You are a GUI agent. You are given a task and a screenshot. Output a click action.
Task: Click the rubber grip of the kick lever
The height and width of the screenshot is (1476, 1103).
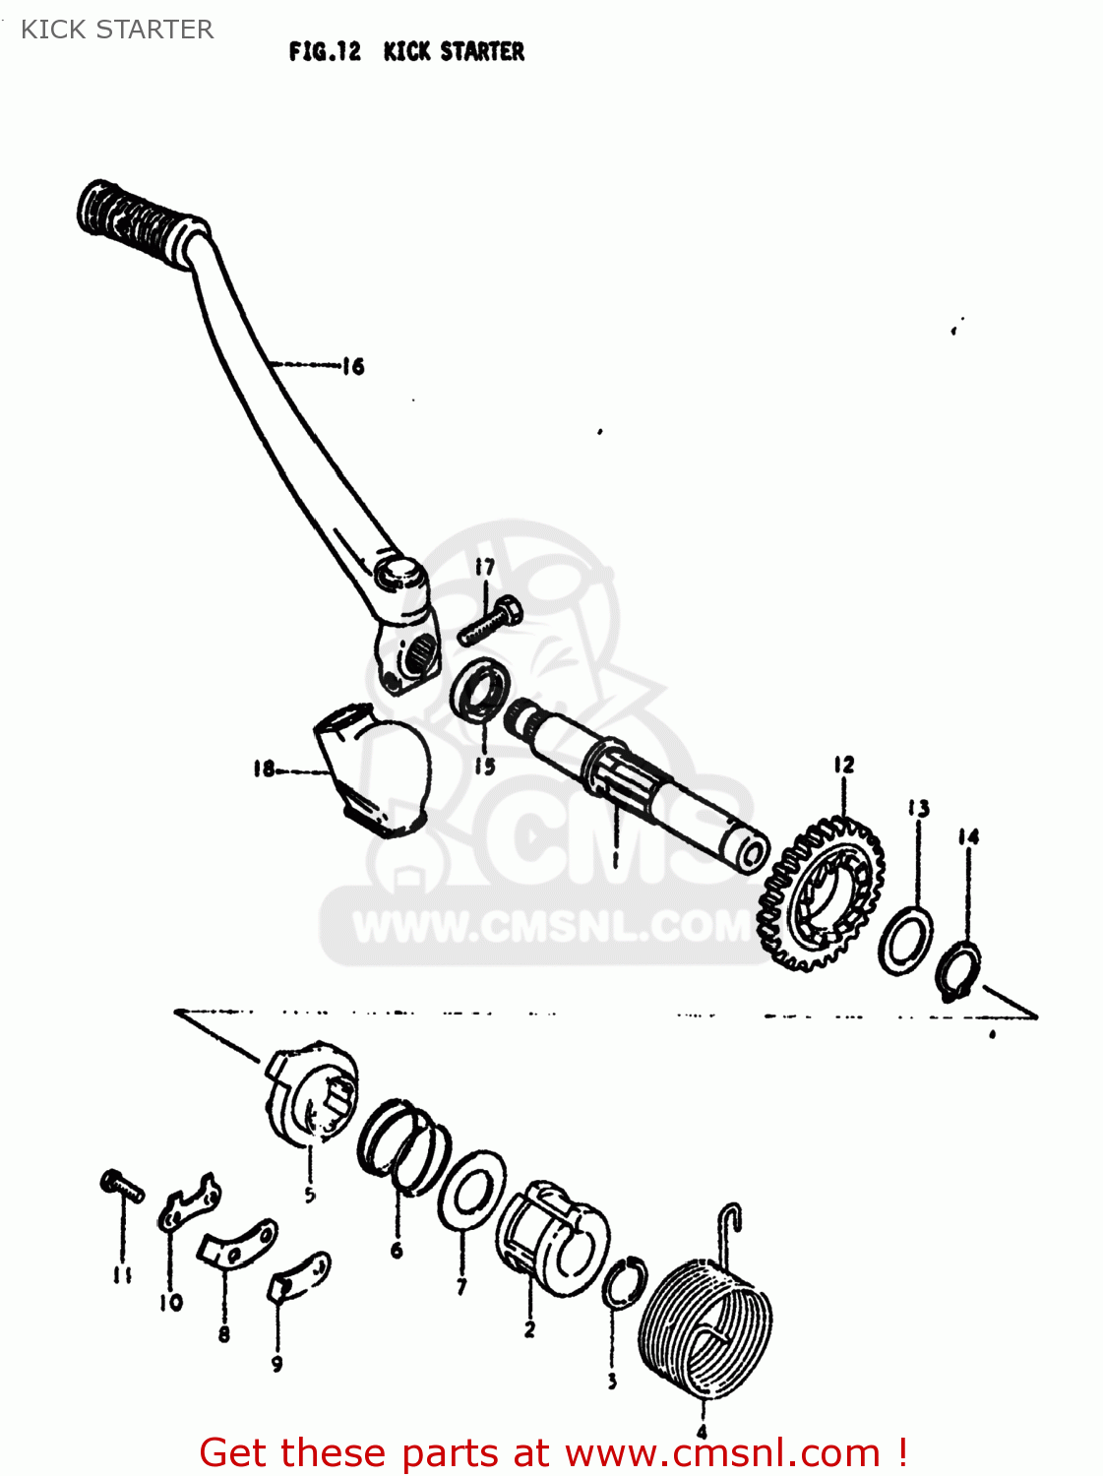tap(133, 222)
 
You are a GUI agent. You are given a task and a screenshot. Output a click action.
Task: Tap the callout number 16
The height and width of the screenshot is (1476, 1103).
tap(353, 367)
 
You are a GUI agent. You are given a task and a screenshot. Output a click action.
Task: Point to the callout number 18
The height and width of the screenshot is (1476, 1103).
tap(264, 769)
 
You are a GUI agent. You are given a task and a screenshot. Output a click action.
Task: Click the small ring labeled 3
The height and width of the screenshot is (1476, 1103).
tap(624, 1283)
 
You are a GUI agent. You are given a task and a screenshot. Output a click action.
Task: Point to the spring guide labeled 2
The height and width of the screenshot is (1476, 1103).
tap(549, 1235)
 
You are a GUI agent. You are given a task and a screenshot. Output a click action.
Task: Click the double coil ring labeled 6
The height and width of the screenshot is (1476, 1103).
tap(402, 1146)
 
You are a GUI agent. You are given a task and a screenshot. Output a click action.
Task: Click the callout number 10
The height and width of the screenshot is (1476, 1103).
tap(171, 1303)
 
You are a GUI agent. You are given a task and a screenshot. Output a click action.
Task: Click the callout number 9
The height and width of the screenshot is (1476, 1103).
tap(276, 1364)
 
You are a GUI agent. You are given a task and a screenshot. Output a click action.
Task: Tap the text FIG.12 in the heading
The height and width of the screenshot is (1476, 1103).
tap(325, 51)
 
